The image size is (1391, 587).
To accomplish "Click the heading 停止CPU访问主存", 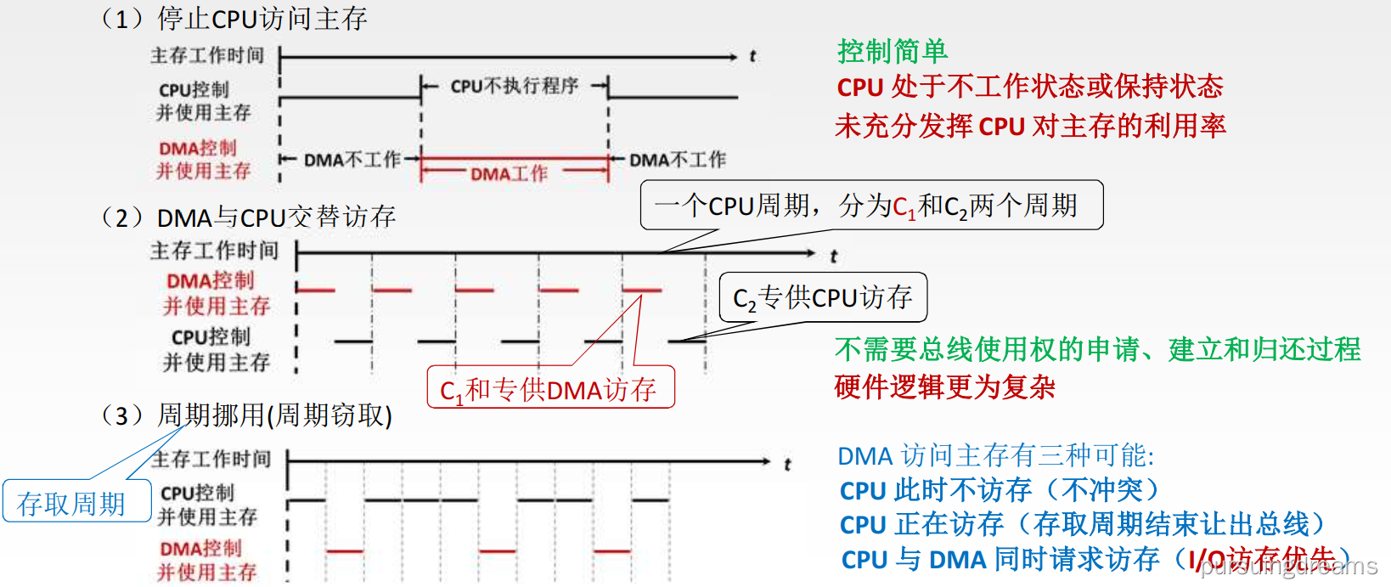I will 262,19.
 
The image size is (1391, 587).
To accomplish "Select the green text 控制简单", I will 892,52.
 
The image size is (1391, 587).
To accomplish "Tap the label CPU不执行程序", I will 514,86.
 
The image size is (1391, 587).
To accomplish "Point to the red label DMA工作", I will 509,174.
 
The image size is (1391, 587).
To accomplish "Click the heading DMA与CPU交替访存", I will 276,217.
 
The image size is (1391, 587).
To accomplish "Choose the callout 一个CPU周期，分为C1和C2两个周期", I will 871,205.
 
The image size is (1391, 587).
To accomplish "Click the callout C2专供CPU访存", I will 822,297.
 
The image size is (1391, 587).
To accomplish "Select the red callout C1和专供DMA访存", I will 549,389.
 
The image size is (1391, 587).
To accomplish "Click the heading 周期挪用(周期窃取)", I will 274,415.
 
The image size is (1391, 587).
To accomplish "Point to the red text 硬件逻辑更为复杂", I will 944,387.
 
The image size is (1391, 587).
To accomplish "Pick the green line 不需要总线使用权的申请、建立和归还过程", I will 1097,349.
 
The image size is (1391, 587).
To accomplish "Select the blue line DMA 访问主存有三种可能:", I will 995,456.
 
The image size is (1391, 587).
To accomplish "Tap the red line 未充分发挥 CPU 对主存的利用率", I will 1030,126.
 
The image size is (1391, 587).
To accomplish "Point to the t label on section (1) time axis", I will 752,56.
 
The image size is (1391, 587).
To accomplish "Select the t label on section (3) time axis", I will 787,464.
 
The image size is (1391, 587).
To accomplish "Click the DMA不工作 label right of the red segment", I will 678,160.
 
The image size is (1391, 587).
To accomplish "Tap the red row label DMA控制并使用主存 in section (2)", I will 216,293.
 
